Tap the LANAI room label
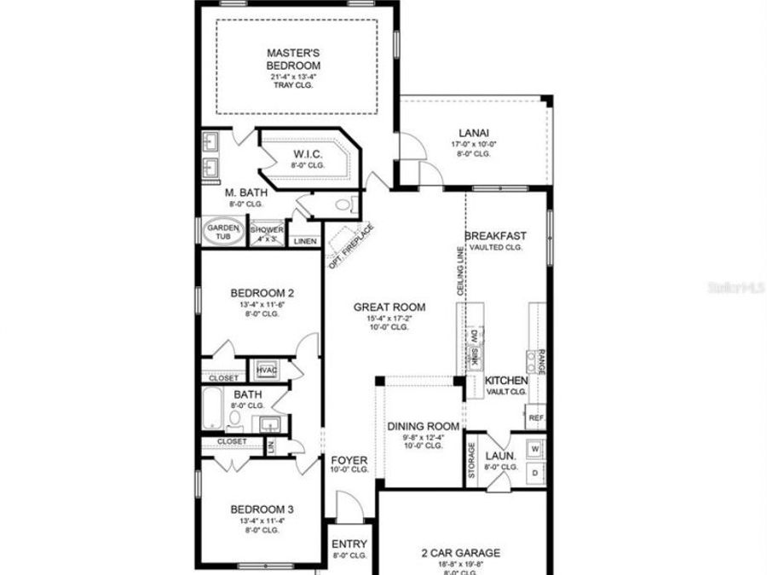point(473,132)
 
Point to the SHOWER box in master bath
point(267,233)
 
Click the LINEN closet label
point(305,242)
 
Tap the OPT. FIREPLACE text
point(351,245)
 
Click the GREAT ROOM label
point(390,308)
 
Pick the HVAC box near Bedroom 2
point(264,371)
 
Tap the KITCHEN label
point(506,380)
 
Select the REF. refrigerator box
point(536,418)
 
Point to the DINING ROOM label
point(423,426)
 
